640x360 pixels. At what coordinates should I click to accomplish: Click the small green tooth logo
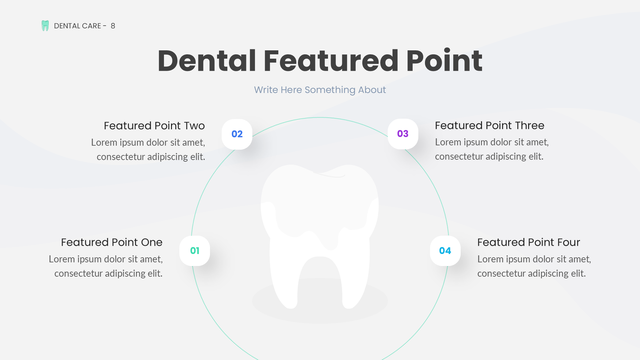click(45, 26)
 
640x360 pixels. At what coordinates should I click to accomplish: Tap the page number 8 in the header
click(113, 26)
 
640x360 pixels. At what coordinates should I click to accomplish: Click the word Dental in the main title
click(207, 61)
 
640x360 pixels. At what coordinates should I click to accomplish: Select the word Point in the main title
click(444, 61)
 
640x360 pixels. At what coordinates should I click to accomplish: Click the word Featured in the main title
click(331, 61)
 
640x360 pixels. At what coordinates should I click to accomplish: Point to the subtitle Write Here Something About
click(320, 90)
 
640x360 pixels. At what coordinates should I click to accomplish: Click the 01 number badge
click(195, 251)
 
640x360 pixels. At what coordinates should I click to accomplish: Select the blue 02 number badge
click(237, 134)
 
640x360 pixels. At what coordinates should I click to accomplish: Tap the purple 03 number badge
click(403, 134)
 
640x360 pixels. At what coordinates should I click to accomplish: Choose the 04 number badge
click(445, 251)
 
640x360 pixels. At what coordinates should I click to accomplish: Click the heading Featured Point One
click(112, 242)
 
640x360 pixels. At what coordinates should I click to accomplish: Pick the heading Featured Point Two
click(154, 126)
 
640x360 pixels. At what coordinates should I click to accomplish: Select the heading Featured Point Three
click(489, 125)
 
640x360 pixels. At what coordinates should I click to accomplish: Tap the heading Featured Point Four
click(528, 242)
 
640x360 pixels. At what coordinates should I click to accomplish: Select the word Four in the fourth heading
click(567, 242)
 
